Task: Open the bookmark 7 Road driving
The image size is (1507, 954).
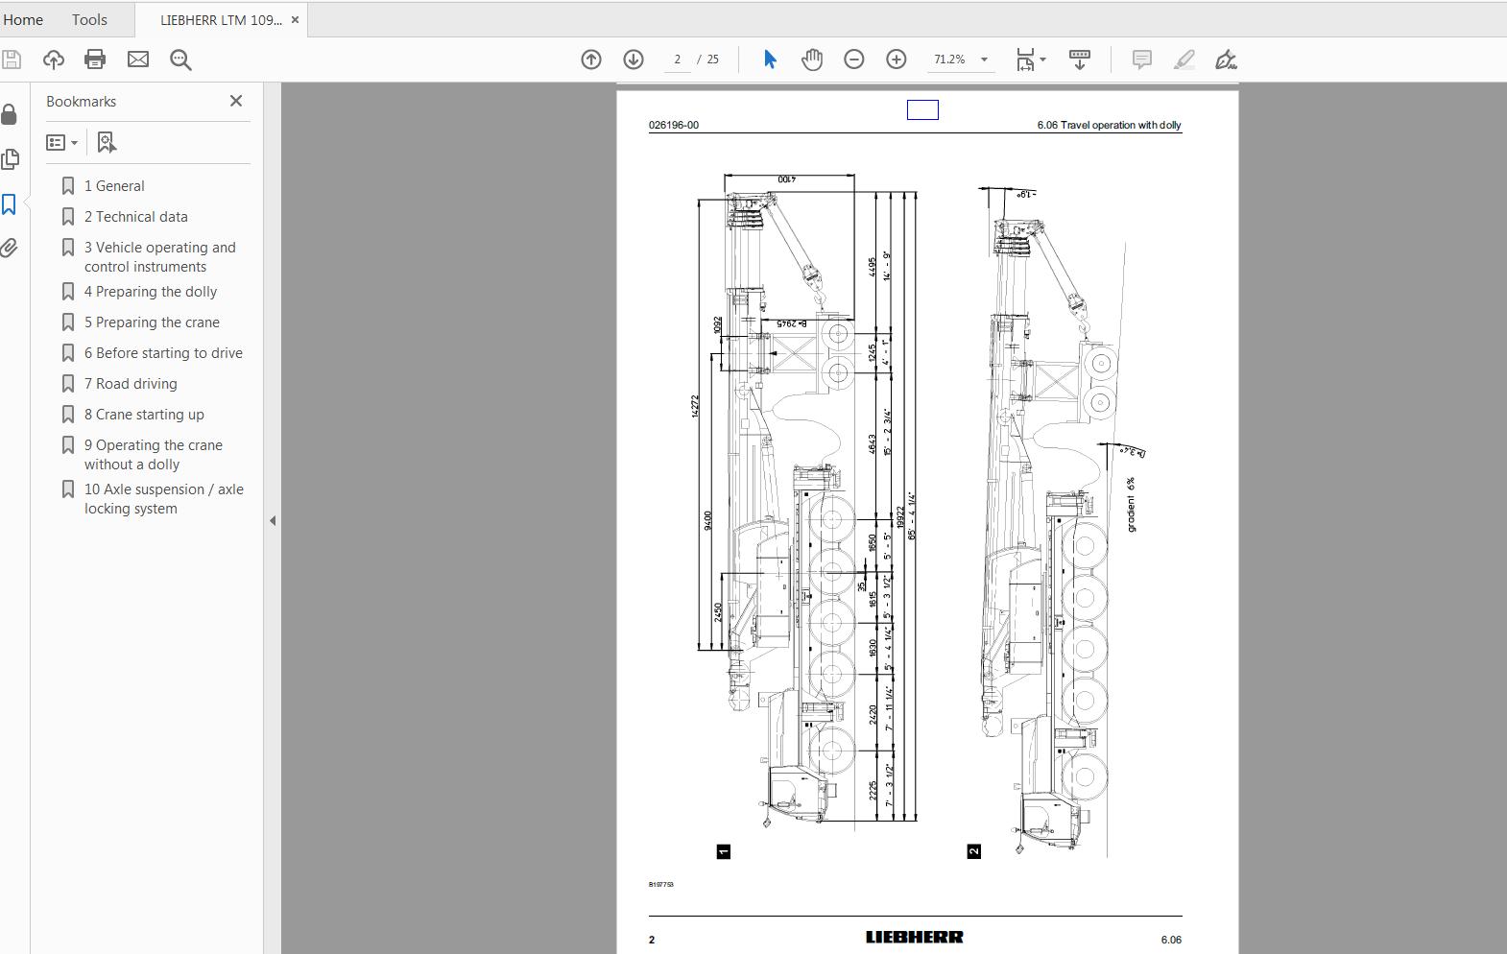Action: tap(131, 384)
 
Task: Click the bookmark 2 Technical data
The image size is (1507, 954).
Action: tap(135, 217)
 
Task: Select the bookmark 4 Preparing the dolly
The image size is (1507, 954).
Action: tap(150, 292)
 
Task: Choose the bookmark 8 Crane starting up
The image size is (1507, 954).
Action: tap(144, 415)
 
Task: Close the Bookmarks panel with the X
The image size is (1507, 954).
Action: tap(236, 101)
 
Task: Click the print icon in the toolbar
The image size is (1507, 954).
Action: tap(95, 60)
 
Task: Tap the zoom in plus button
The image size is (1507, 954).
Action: tap(896, 60)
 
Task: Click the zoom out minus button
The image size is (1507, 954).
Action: tap(853, 60)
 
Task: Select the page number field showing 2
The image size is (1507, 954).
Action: tap(677, 60)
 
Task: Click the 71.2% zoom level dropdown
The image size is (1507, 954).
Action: tap(960, 60)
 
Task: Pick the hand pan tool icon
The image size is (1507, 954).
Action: tap(812, 60)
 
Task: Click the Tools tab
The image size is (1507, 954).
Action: tap(89, 19)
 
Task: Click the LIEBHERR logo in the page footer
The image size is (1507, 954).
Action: tap(914, 938)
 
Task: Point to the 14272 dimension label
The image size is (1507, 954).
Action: tap(695, 406)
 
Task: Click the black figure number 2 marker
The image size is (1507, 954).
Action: tap(973, 851)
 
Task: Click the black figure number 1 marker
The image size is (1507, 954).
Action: tap(724, 851)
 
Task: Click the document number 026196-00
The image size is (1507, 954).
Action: tap(674, 126)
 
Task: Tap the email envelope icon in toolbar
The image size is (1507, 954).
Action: tap(138, 60)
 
